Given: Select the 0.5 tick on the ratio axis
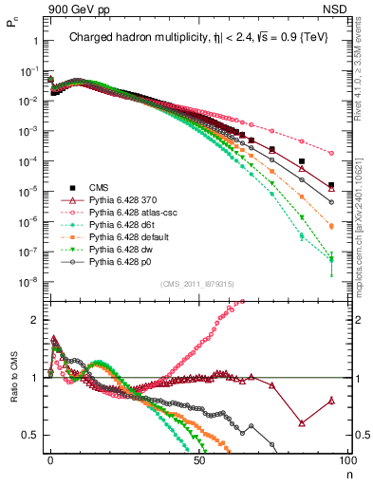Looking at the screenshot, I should pyautogui.click(x=33, y=435).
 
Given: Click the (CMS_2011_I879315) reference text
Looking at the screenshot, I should pyautogui.click(x=195, y=284).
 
